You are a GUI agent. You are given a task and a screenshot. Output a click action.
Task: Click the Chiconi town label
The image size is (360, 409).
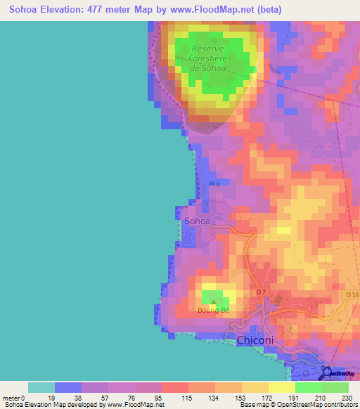259,340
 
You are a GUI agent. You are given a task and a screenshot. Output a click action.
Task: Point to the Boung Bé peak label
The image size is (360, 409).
214,310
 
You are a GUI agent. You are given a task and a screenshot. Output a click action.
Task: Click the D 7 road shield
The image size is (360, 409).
261,292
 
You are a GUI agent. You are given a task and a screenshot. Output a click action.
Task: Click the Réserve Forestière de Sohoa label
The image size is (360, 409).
218,58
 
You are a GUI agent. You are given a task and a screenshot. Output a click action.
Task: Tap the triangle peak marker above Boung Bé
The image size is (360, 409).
214,302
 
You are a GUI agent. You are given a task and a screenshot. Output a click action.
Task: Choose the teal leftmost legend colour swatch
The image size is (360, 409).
41,387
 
